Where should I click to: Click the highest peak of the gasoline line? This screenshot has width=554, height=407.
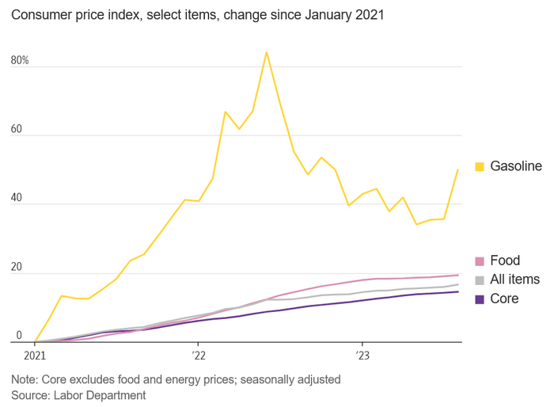[x=267, y=52]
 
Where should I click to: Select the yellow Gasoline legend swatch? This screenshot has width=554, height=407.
[x=480, y=166]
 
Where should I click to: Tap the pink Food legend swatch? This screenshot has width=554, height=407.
[x=480, y=261]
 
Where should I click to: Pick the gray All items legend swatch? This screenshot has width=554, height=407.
[x=480, y=280]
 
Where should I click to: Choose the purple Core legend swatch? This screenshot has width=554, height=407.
[x=480, y=299]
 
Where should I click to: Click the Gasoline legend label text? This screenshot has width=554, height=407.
[x=516, y=166]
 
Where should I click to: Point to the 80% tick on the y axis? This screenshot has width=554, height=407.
[x=20, y=61]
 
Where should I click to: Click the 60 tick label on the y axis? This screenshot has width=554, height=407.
[x=17, y=130]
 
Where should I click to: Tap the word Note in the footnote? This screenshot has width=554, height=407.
[x=25, y=379]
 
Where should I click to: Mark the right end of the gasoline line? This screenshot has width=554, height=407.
[x=458, y=169]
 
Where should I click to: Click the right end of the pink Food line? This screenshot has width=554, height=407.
[x=458, y=275]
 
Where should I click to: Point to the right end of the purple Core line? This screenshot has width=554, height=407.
[x=458, y=292]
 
